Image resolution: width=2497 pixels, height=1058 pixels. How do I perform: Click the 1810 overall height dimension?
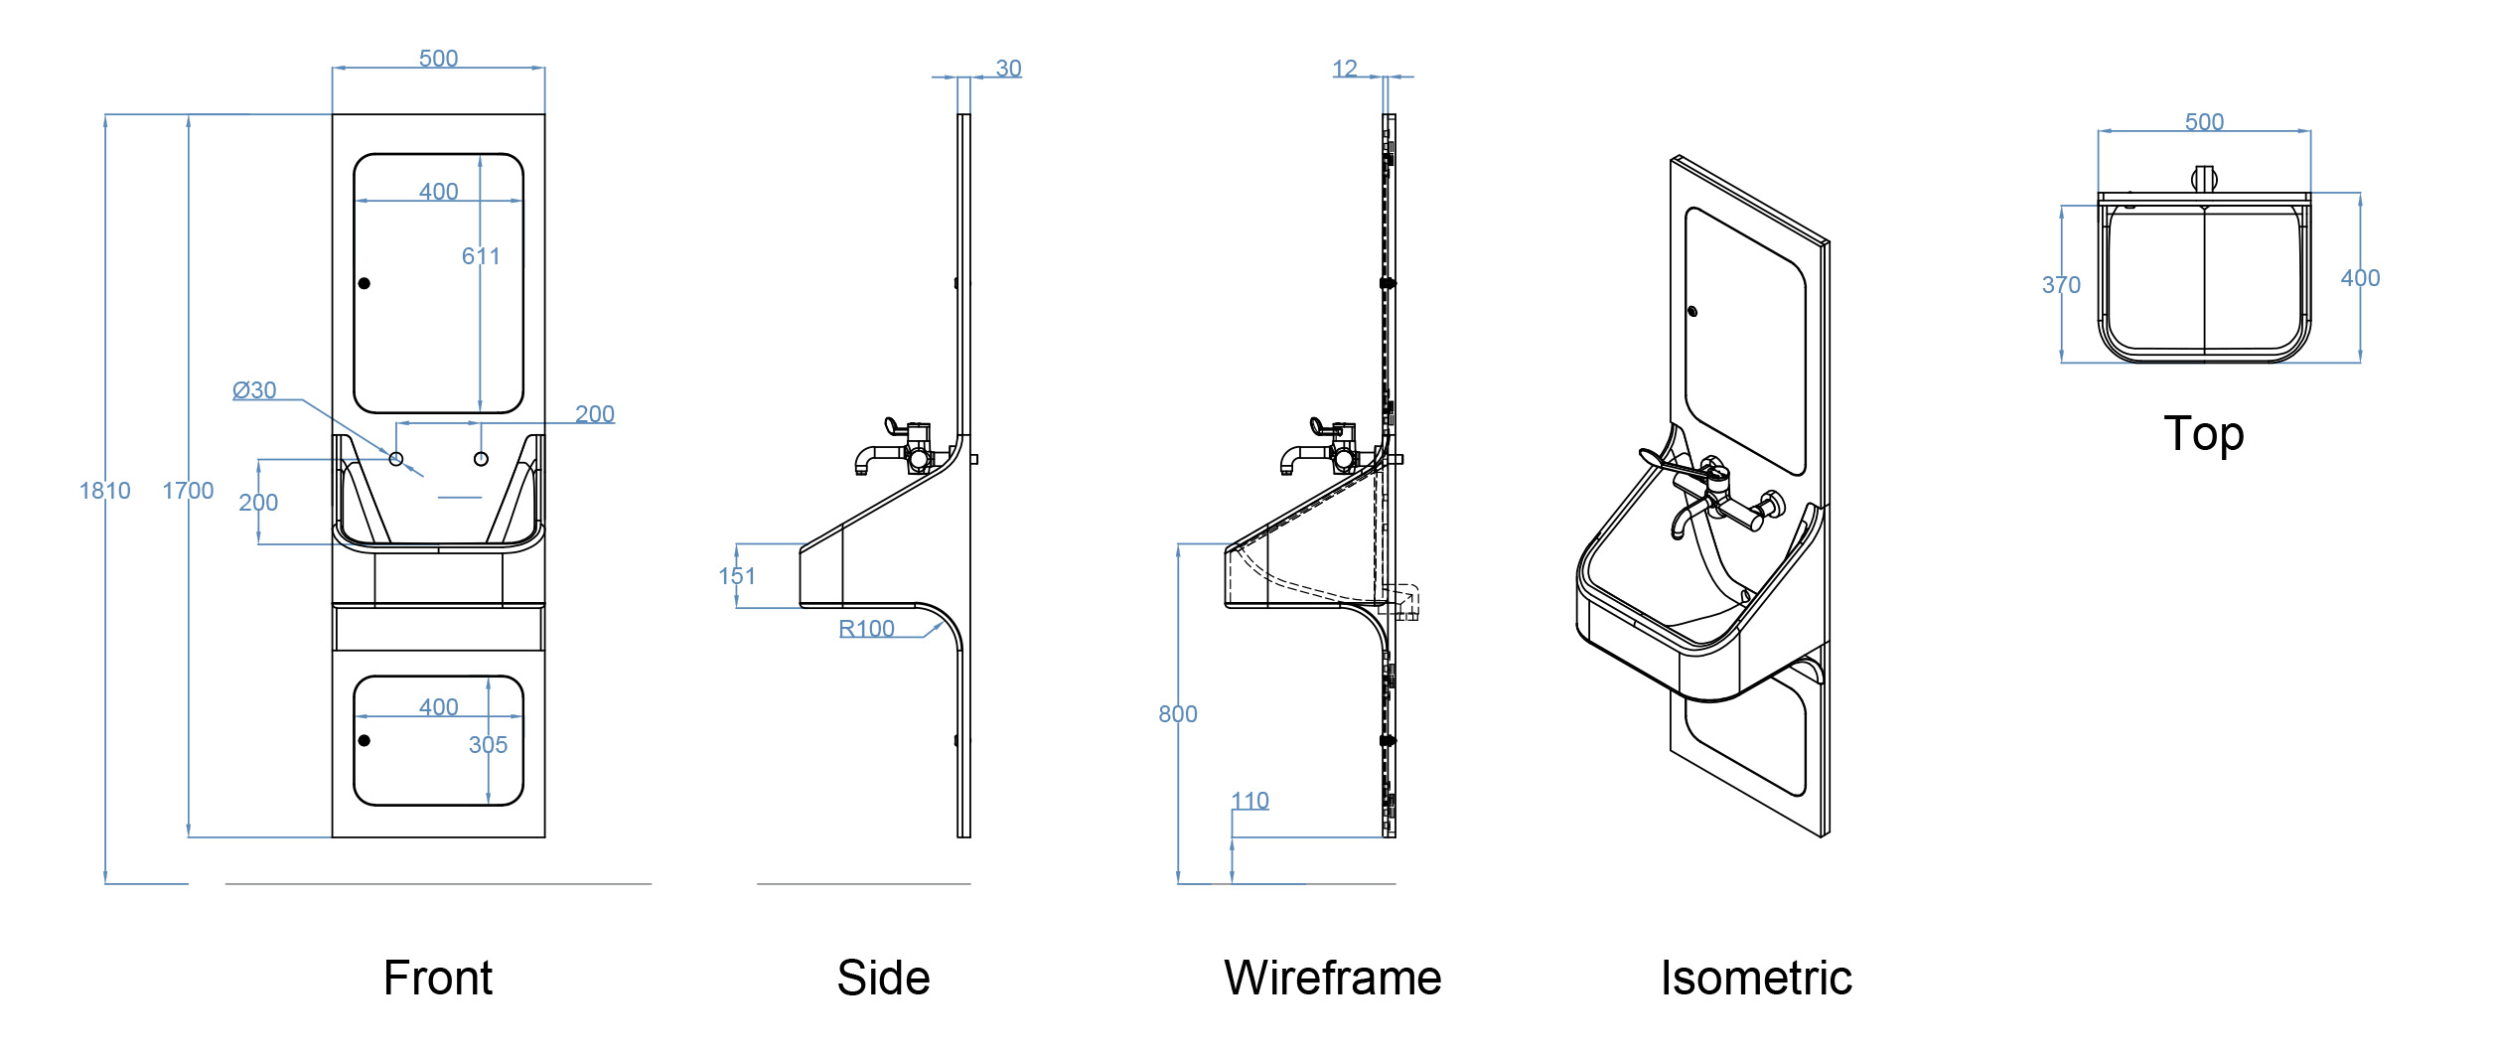pyautogui.click(x=104, y=491)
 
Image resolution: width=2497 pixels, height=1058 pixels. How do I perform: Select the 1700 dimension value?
pyautogui.click(x=188, y=491)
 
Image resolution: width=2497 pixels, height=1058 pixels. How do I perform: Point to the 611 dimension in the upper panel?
pyautogui.click(x=481, y=256)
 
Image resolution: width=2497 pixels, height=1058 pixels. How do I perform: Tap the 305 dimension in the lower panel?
pyautogui.click(x=488, y=745)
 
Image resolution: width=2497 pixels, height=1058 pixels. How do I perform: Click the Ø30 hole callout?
pyautogui.click(x=254, y=390)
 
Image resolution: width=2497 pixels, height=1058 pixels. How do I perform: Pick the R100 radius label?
pyautogui.click(x=866, y=629)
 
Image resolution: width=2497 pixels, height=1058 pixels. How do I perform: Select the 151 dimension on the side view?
pyautogui.click(x=737, y=576)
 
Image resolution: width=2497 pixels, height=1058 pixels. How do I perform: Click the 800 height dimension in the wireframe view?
pyautogui.click(x=1177, y=714)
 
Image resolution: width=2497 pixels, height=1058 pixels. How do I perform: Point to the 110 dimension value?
pyautogui.click(x=1249, y=801)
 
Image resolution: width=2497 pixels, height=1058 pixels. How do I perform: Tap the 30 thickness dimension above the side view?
pyautogui.click(x=1008, y=69)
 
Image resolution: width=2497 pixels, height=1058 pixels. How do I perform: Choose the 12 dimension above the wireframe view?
pyautogui.click(x=1344, y=69)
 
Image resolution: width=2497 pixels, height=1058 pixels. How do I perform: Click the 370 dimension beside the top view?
pyautogui.click(x=2061, y=285)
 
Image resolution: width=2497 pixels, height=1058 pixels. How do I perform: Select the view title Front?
pyautogui.click(x=438, y=979)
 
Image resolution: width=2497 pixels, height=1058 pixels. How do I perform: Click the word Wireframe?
pyautogui.click(x=1332, y=979)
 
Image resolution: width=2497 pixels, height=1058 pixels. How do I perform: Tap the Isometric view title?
pyautogui.click(x=1756, y=979)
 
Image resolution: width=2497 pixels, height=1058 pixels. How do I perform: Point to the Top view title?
pyautogui.click(x=2203, y=434)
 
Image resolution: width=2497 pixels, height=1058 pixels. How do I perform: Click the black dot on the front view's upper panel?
pyautogui.click(x=365, y=283)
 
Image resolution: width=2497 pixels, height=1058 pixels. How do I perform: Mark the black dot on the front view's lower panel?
pyautogui.click(x=365, y=740)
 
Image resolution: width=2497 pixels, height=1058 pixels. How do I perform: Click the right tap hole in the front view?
pyautogui.click(x=481, y=459)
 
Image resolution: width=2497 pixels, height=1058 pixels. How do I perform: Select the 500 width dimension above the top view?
pyautogui.click(x=2204, y=122)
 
